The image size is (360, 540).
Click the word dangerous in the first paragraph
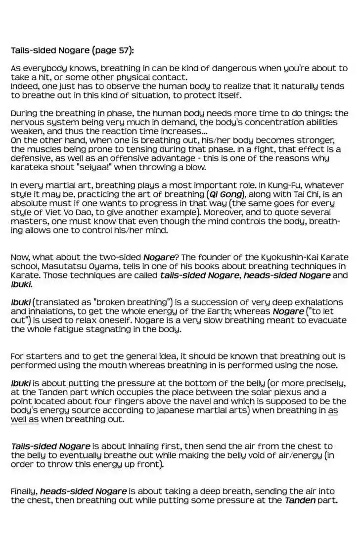pos(234,68)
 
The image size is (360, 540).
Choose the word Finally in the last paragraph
pos(24,492)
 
